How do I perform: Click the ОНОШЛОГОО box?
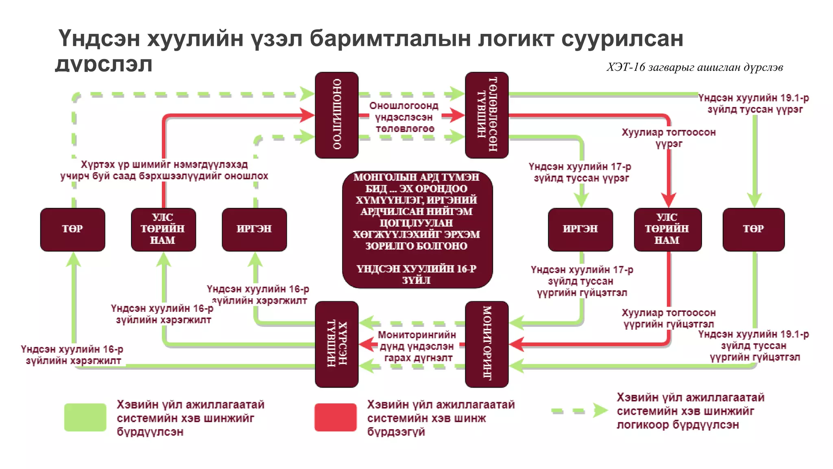click(x=336, y=115)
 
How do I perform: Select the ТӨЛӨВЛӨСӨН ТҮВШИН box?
click(x=486, y=115)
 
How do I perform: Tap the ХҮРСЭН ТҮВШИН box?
click(x=336, y=344)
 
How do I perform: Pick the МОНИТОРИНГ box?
click(x=486, y=344)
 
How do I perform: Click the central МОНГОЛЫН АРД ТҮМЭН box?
click(x=417, y=229)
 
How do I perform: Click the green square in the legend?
click(x=85, y=417)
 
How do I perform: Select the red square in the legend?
click(x=335, y=417)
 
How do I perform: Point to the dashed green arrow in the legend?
click(x=579, y=410)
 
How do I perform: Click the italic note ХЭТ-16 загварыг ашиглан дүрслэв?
click(x=694, y=67)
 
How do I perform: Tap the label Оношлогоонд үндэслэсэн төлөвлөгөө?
click(x=404, y=117)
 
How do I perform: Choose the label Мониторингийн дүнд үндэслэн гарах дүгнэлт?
click(x=417, y=346)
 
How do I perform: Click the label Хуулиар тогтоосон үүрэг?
click(x=668, y=138)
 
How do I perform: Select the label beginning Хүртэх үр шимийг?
click(x=164, y=170)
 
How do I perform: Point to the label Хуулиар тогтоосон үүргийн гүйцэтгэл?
click(x=668, y=318)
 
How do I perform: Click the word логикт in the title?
click(x=515, y=39)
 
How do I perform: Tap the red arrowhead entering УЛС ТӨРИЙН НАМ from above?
click(x=668, y=201)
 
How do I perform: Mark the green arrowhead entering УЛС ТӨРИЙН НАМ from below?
click(x=164, y=259)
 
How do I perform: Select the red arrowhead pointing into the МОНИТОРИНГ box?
click(x=516, y=344)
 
